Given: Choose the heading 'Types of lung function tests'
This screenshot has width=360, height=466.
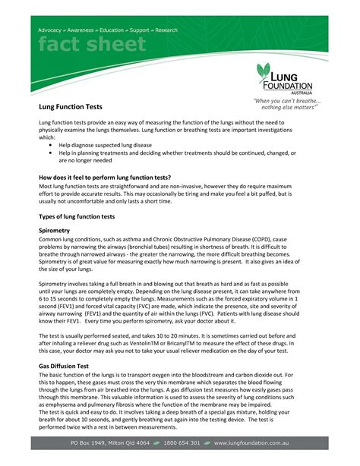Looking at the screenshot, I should (77, 216).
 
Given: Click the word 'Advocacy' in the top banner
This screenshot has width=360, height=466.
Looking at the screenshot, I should (52, 30).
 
